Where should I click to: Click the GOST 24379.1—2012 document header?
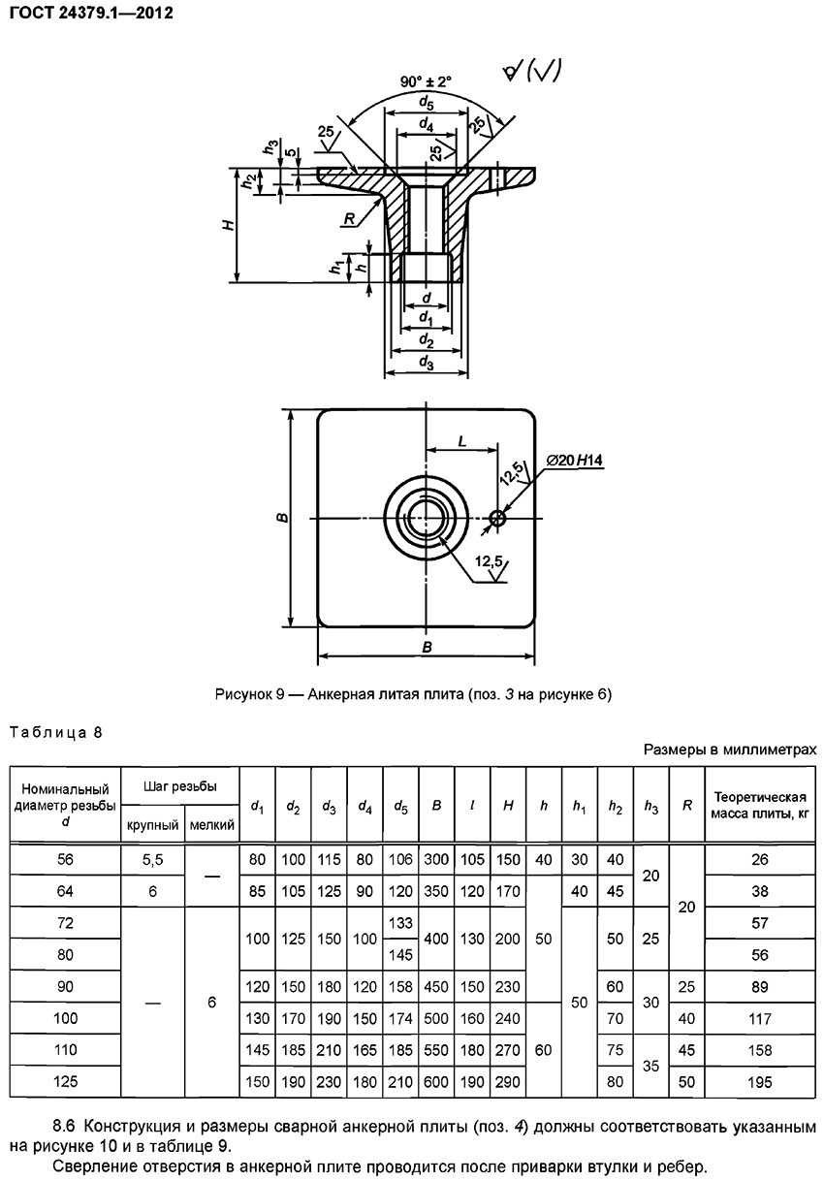click(x=91, y=13)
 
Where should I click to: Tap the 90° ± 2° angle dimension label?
click(x=426, y=81)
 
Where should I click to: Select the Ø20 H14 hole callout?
click(x=574, y=461)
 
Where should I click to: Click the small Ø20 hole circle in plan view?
click(x=497, y=519)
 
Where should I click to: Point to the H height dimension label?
click(x=228, y=225)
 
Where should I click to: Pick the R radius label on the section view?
click(x=349, y=218)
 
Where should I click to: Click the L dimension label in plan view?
click(x=461, y=441)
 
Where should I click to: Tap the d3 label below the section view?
click(x=427, y=363)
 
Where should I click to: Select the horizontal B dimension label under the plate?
click(x=427, y=647)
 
